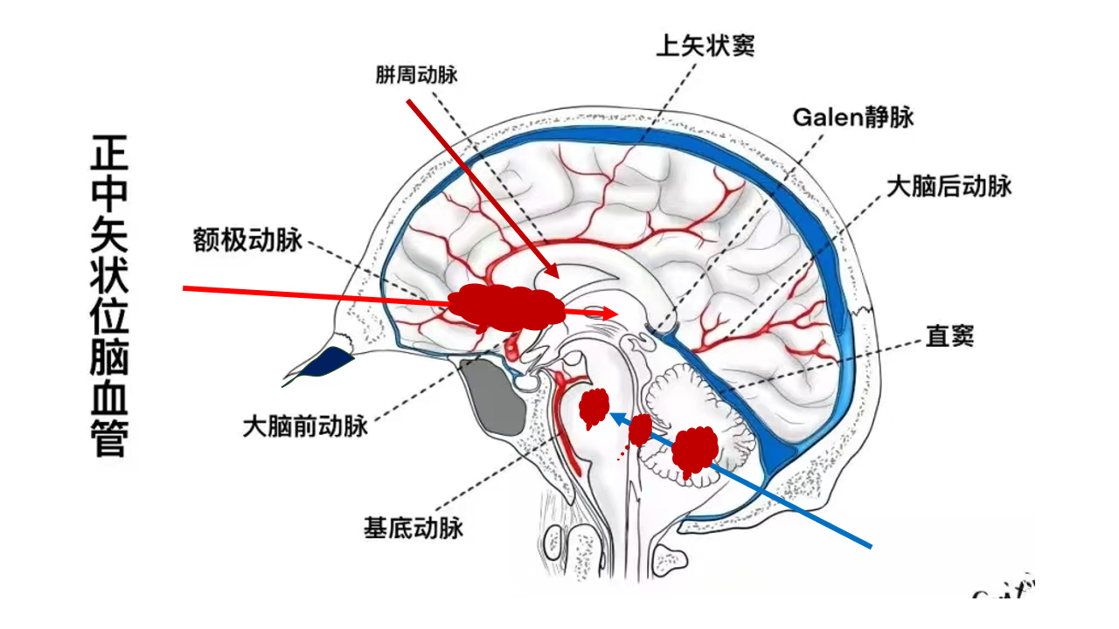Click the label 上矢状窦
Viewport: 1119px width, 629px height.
coord(705,45)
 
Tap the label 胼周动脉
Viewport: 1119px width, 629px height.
coord(417,75)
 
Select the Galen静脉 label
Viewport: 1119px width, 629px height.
coord(853,116)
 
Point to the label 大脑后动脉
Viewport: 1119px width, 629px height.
coord(949,186)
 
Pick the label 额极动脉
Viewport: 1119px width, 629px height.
coord(247,240)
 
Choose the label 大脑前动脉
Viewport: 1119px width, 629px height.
coord(304,427)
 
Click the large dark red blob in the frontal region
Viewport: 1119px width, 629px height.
coord(505,307)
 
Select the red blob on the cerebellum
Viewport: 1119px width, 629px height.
coord(696,449)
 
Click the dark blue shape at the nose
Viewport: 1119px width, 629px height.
coord(327,360)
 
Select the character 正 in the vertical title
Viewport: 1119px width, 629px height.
coord(108,156)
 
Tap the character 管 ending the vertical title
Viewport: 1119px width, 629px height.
coord(108,437)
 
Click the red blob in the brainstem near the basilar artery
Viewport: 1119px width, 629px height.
coord(594,407)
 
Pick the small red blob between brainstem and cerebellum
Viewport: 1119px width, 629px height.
coord(640,431)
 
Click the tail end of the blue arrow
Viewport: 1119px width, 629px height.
coord(871,548)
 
